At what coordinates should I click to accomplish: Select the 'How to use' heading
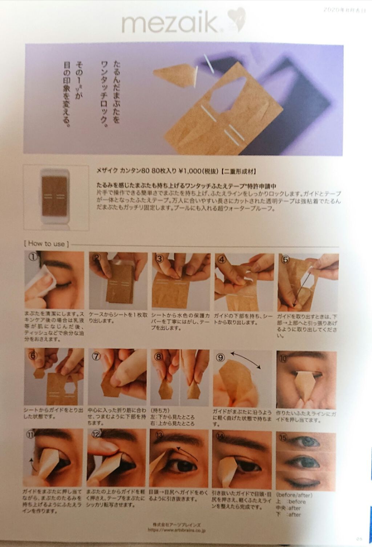pos(46,244)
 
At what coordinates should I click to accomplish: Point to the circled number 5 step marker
pos(285,259)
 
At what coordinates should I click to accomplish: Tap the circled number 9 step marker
pos(221,357)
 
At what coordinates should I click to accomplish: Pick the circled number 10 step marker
pos(283,358)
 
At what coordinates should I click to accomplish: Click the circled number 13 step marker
pos(159,435)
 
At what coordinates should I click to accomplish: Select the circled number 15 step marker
pos(283,438)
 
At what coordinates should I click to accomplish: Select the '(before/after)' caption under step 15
pos(294,495)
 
